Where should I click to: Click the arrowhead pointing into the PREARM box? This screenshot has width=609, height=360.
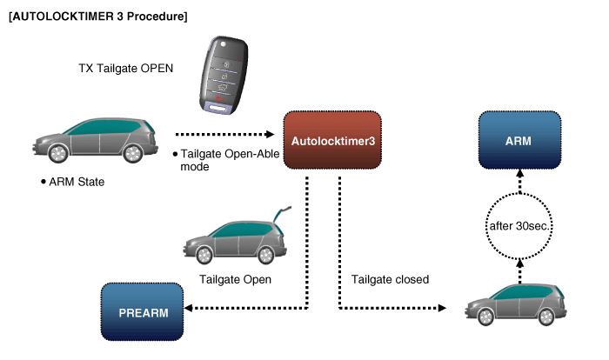(x=190, y=310)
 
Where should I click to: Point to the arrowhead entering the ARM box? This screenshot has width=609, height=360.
(x=518, y=175)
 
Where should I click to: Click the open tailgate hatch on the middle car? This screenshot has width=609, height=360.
(x=280, y=215)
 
